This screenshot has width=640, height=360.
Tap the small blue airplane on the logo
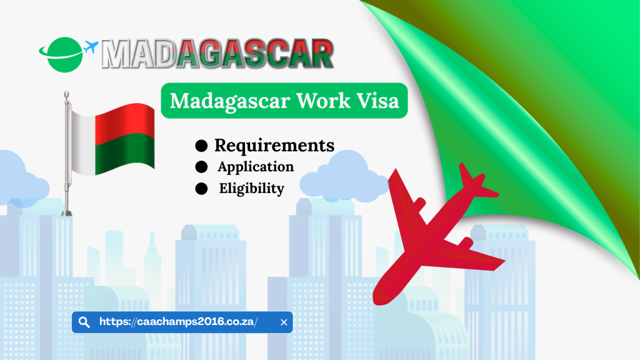point(91,46)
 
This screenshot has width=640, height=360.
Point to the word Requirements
point(274,146)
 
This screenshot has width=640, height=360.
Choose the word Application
point(256,167)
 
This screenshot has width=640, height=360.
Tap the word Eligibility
point(251,188)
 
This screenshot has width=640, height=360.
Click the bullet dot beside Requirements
point(201,146)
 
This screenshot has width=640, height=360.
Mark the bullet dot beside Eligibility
point(201,188)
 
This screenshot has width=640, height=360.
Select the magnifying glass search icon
point(84,322)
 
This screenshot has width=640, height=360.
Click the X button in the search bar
point(284,322)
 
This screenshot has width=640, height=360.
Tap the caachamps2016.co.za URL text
point(178,322)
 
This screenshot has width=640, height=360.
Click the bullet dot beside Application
point(201,167)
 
